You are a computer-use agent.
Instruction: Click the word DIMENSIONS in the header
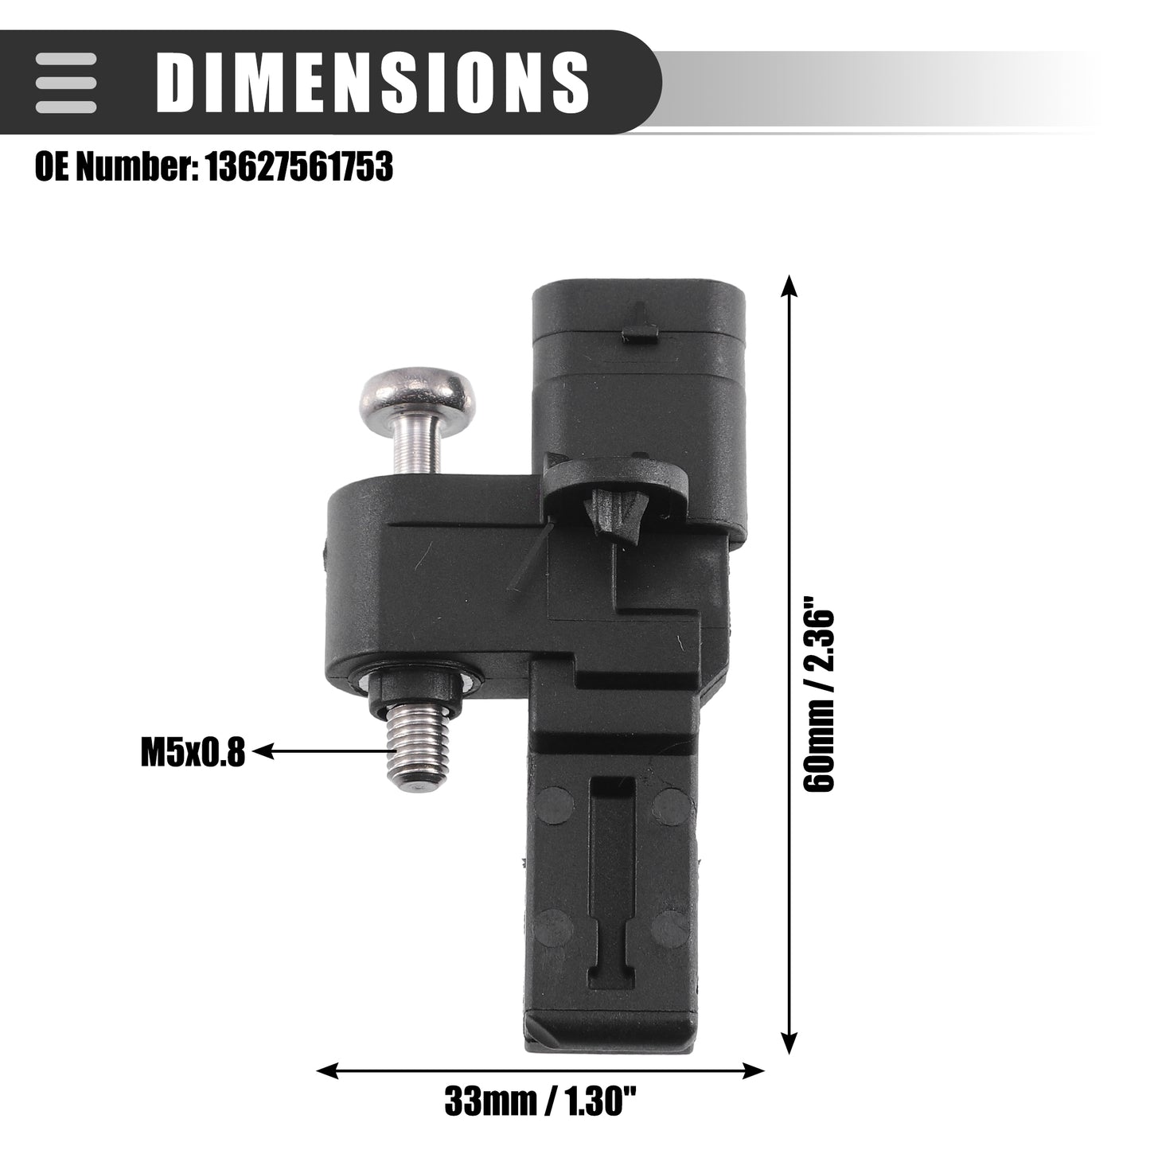pyautogui.click(x=372, y=82)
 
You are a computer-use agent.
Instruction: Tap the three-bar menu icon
pyautogui.click(x=65, y=82)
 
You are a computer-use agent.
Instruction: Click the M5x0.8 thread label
pyautogui.click(x=192, y=752)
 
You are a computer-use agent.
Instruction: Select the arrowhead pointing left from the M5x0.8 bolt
pyautogui.click(x=263, y=751)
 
